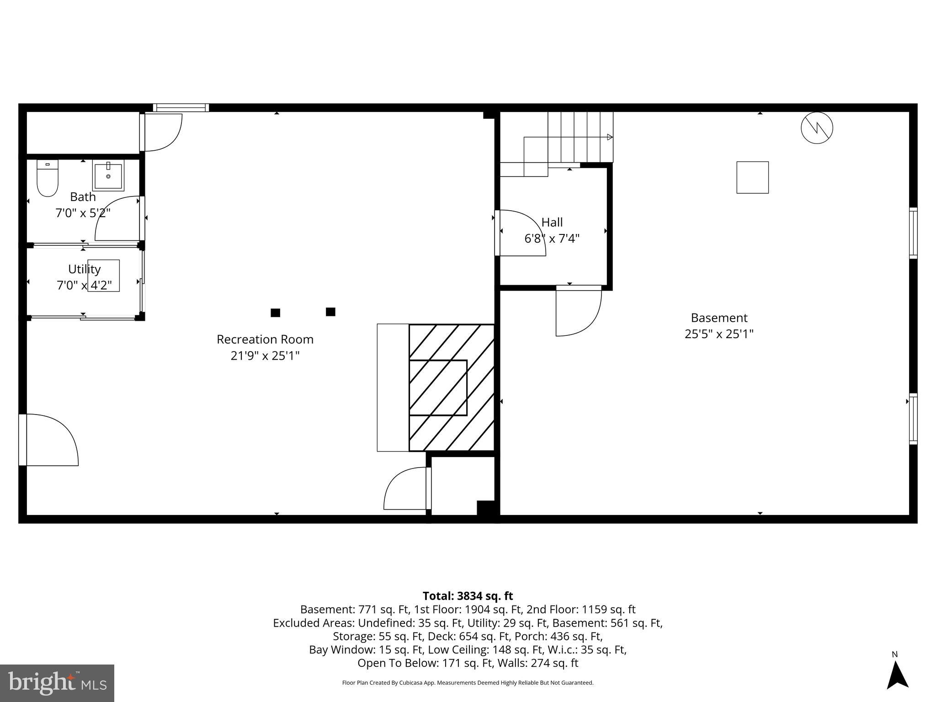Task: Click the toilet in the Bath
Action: point(48,179)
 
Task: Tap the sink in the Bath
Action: point(108,175)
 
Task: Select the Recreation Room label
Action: point(265,340)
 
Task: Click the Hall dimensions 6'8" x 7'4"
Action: point(552,239)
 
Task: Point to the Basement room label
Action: point(718,318)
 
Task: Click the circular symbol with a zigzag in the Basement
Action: point(817,128)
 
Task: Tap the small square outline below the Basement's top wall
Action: point(752,177)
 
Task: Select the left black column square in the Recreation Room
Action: point(275,313)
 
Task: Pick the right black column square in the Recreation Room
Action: point(330,312)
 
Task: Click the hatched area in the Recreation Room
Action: point(451,388)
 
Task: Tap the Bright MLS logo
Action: point(57,683)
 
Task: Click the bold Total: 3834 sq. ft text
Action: point(468,596)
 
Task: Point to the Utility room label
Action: point(84,269)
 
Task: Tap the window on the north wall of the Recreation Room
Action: point(181,108)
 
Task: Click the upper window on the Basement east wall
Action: point(913,233)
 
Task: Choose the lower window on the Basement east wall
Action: point(913,419)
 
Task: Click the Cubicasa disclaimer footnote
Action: point(468,683)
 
